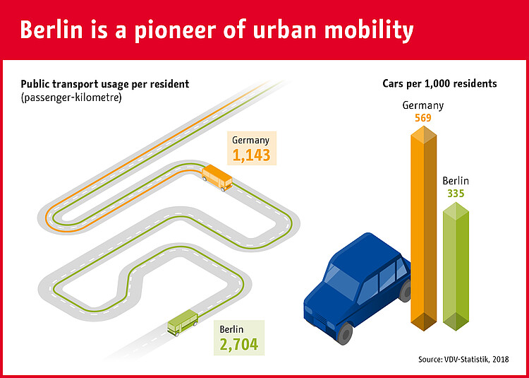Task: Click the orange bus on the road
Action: point(217,178)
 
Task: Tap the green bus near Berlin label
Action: point(183,324)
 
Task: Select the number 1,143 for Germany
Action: point(251,155)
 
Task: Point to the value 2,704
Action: point(238,344)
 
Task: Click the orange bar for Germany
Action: point(422,226)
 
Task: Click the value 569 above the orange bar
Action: point(423,118)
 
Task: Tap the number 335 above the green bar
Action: point(456,193)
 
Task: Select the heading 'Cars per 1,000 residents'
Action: point(439,83)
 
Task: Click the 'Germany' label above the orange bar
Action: point(423,105)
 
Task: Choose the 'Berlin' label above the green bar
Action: point(456,181)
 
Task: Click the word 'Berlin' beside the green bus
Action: point(233,329)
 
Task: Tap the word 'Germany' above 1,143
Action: point(251,140)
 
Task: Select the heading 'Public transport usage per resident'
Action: point(105,84)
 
